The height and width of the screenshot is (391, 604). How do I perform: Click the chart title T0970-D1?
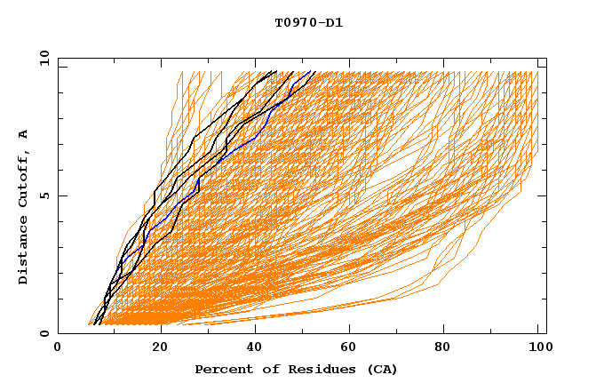(308, 23)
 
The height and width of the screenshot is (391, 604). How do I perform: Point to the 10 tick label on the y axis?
(42, 58)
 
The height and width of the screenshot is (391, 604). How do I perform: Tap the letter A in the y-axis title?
(23, 134)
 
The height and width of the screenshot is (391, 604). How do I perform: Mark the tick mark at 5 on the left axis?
(61, 195)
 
